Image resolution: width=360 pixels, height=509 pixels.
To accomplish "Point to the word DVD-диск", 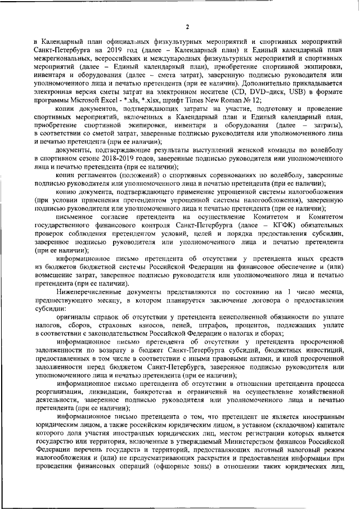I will pos(256,90).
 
